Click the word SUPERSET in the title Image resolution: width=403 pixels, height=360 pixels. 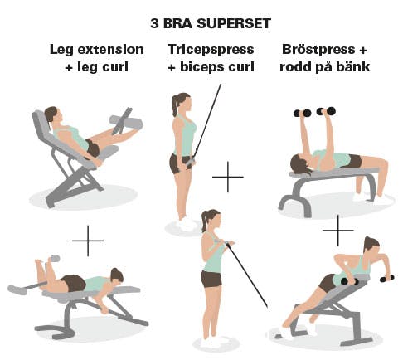(233, 23)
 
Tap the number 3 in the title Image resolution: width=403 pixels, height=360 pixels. (154, 23)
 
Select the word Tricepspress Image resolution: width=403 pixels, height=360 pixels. (211, 50)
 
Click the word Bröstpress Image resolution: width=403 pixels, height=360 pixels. (318, 50)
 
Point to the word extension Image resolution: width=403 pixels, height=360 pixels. (110, 50)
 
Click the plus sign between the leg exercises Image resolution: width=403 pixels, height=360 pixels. (88, 241)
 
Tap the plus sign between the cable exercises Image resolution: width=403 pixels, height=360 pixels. (228, 177)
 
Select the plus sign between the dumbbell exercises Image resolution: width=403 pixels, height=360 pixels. (337, 230)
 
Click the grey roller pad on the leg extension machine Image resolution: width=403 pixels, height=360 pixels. (125, 123)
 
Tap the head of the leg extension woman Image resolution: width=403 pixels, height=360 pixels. (51, 114)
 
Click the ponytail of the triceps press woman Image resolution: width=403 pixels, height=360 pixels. (175, 105)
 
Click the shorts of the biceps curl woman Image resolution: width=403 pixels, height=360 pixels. (211, 279)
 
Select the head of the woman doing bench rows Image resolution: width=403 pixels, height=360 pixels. (371, 246)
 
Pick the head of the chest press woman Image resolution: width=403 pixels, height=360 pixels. (301, 164)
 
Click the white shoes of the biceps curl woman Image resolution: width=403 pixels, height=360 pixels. (210, 343)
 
